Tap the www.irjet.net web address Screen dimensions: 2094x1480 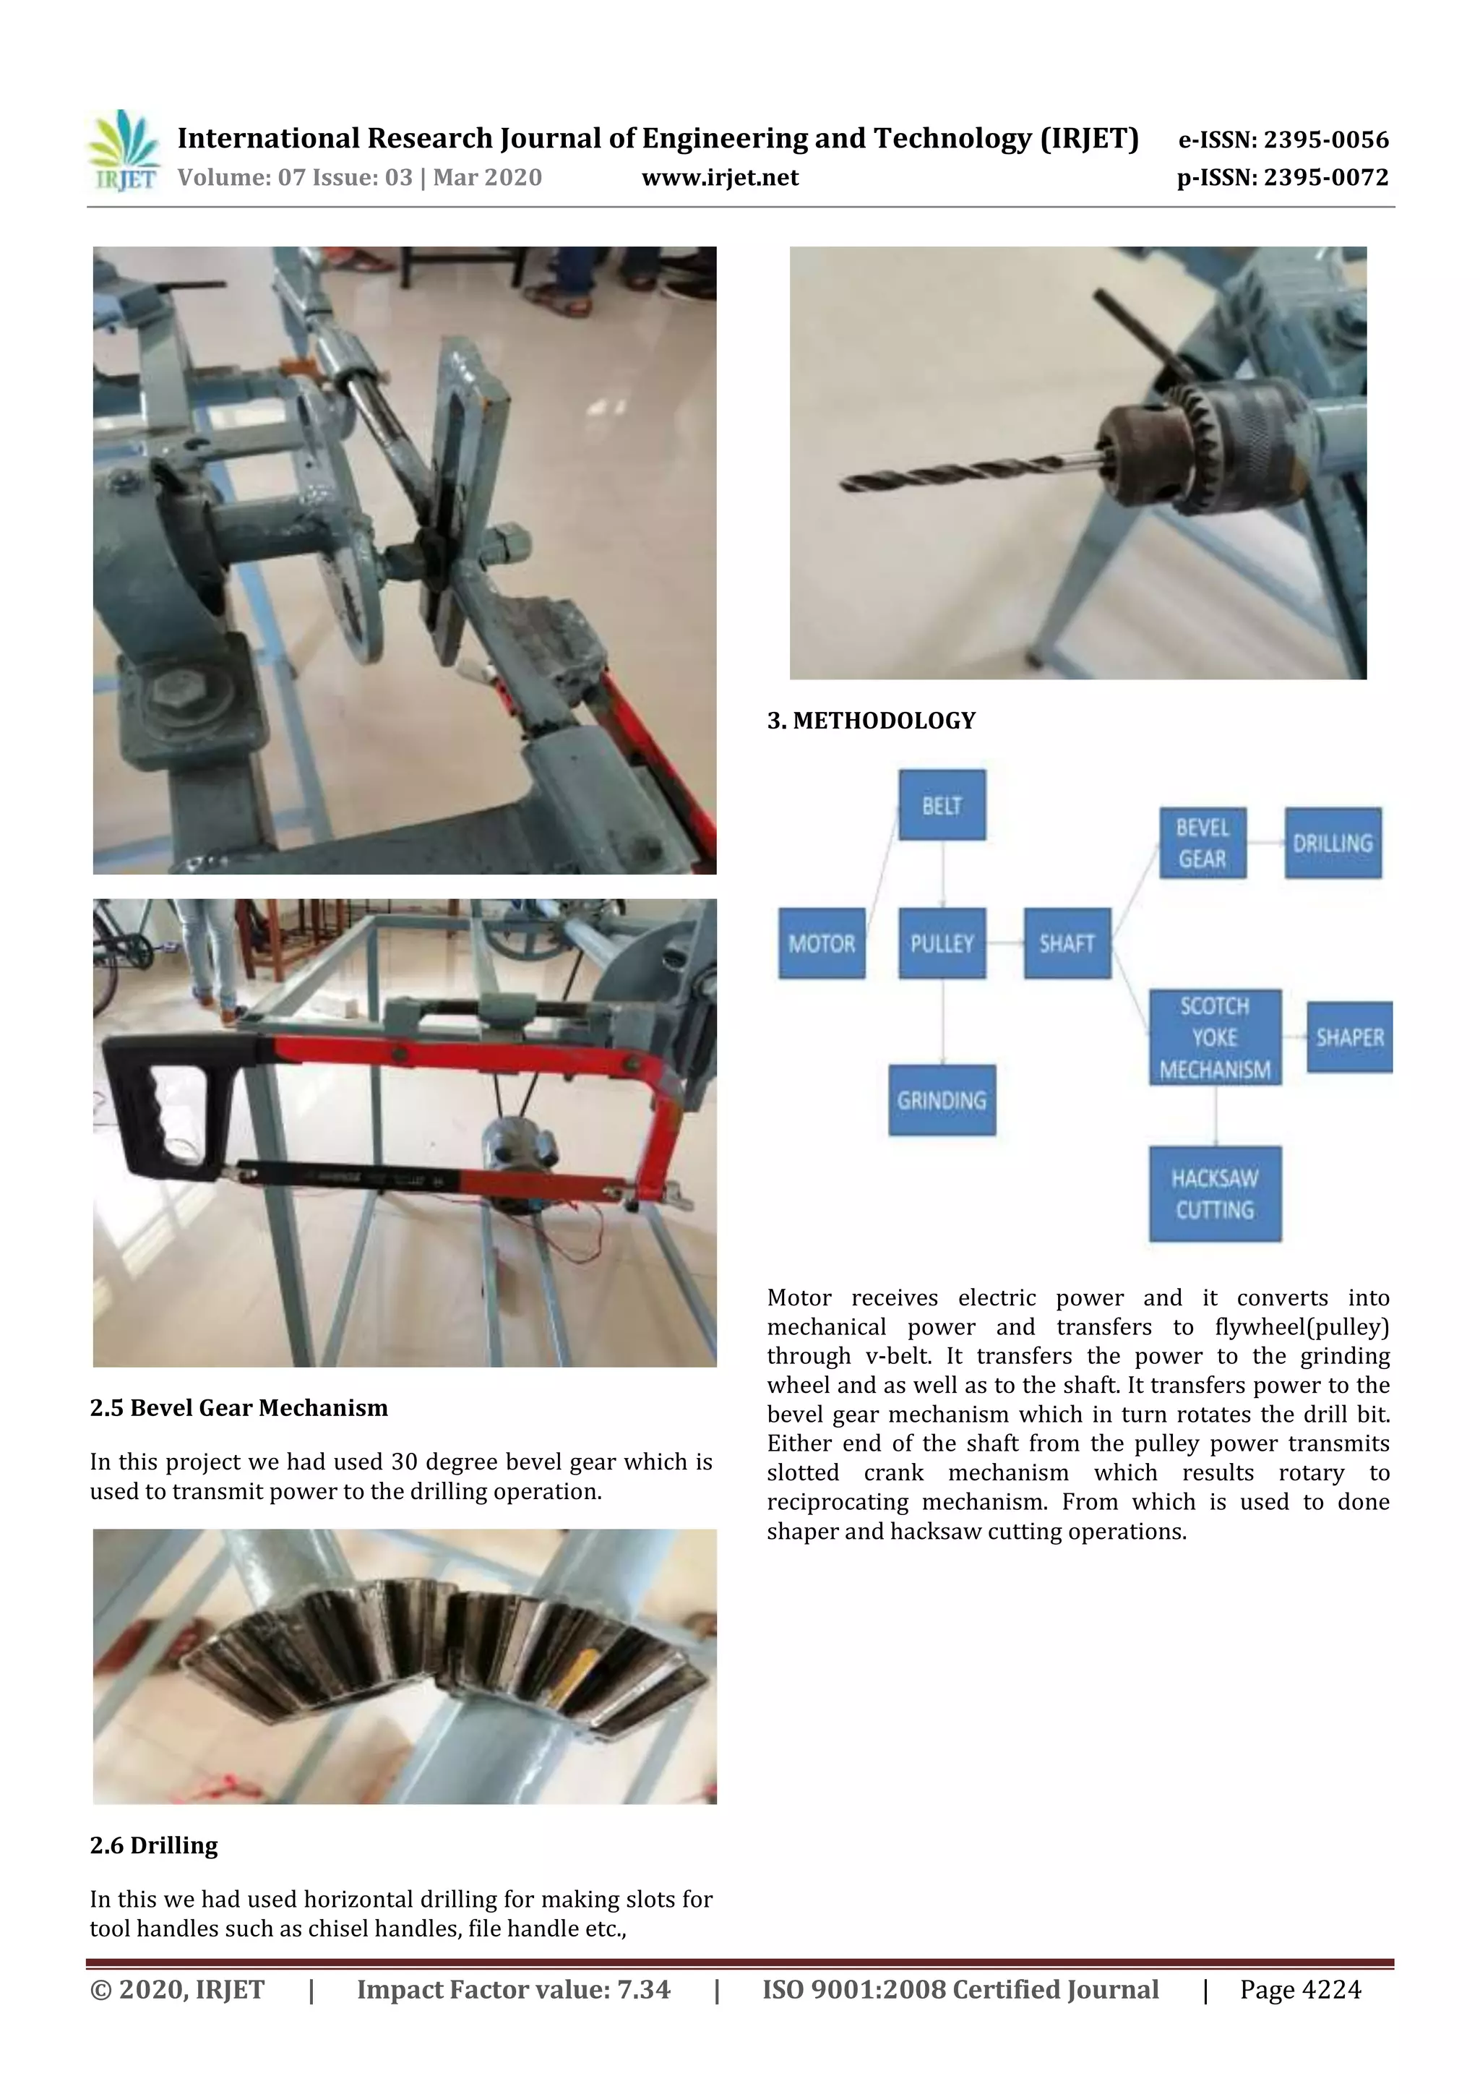pyautogui.click(x=720, y=177)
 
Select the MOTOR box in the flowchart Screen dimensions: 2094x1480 pyautogui.click(x=821, y=943)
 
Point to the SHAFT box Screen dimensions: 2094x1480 pyautogui.click(x=1066, y=943)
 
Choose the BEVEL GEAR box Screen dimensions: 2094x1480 pyautogui.click(x=1202, y=843)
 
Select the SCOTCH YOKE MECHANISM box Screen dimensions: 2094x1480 pyautogui.click(x=1214, y=1037)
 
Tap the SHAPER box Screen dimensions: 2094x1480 pyautogui.click(x=1348, y=1037)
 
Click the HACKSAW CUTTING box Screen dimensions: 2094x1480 pyautogui.click(x=1214, y=1194)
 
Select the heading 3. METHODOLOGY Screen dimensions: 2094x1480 pyautogui.click(x=871, y=721)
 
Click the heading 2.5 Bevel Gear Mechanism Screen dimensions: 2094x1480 pyautogui.click(x=239, y=1407)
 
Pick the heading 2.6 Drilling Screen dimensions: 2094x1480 pyautogui.click(x=154, y=1845)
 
